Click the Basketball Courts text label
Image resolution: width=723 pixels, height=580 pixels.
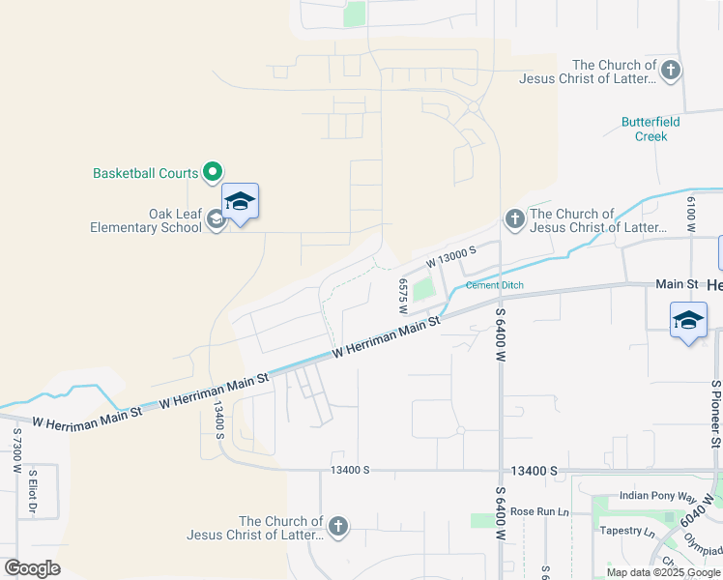click(x=145, y=174)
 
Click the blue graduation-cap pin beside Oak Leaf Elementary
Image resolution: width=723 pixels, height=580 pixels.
click(x=240, y=203)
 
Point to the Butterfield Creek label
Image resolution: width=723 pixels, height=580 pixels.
click(x=651, y=130)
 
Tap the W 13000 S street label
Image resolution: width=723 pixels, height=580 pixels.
click(x=454, y=258)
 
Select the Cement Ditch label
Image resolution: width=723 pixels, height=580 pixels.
click(x=495, y=285)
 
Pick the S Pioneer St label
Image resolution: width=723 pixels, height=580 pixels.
click(x=716, y=413)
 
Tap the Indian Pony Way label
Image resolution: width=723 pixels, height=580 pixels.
click(x=658, y=496)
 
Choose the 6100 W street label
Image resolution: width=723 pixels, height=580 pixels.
click(x=691, y=214)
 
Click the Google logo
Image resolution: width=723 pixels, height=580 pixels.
click(x=33, y=568)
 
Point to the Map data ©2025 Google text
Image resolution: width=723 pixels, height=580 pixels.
click(x=663, y=572)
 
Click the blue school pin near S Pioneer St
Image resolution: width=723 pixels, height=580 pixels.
click(x=688, y=322)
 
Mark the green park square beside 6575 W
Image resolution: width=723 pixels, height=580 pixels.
click(x=423, y=289)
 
